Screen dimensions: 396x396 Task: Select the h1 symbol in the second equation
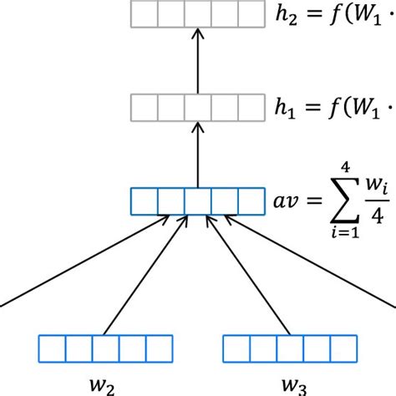(x=285, y=109)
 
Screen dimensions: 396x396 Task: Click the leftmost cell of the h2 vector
(x=145, y=15)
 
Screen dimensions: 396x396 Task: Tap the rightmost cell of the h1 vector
(x=251, y=108)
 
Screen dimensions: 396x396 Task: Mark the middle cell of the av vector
(x=198, y=202)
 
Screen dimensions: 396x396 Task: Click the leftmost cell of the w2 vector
(x=52, y=347)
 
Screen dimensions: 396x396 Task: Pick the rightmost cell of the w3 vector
(x=342, y=347)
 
